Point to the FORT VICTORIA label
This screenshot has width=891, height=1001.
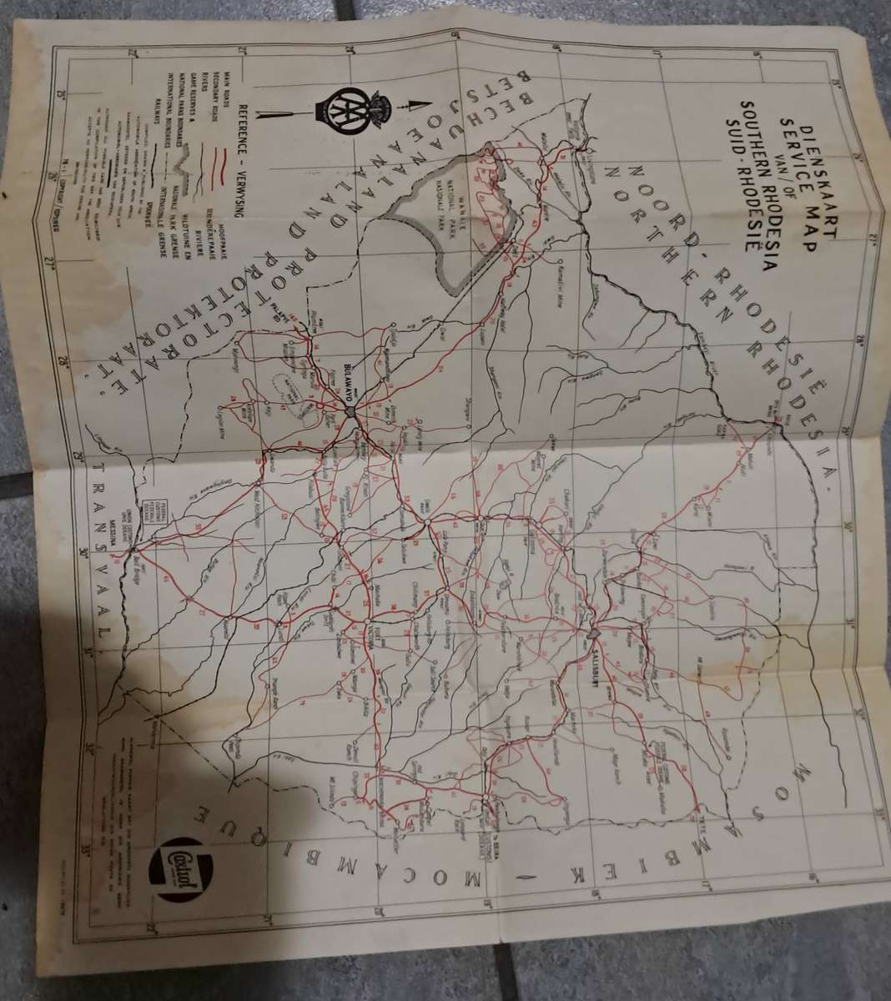pos(373,638)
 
